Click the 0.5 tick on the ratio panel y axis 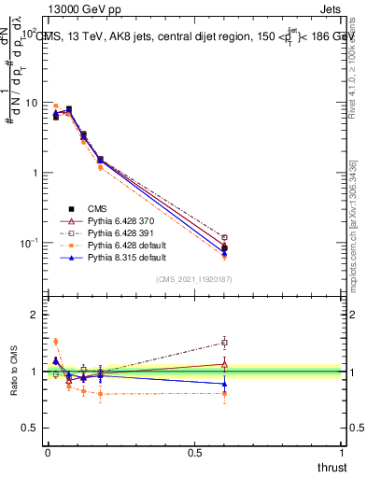click(x=32, y=428)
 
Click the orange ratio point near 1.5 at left click(x=55, y=342)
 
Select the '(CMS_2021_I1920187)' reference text click(x=194, y=278)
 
